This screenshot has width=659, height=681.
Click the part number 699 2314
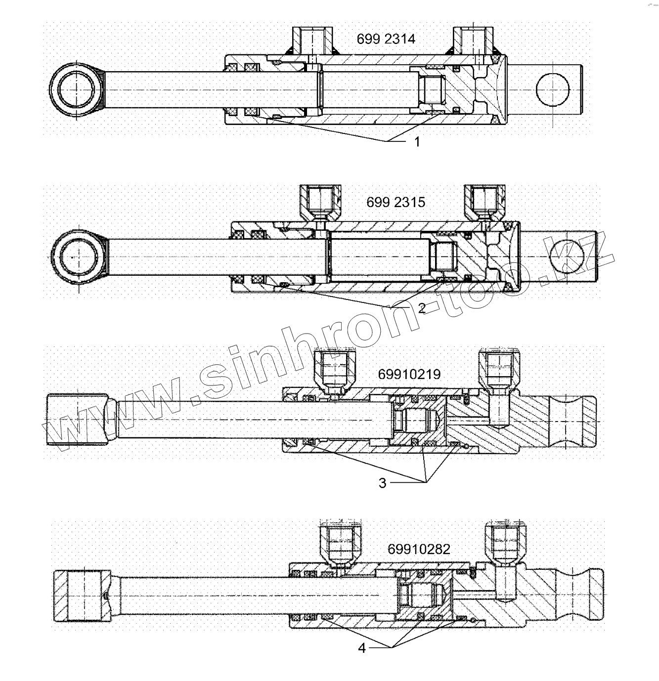(386, 39)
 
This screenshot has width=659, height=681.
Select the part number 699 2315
(395, 202)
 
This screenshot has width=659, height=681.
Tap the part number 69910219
(409, 374)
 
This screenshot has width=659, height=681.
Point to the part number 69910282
(419, 549)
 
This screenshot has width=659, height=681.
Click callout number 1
(417, 142)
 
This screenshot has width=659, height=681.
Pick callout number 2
(421, 309)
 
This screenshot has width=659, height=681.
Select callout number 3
(382, 483)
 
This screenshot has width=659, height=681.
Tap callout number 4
(362, 648)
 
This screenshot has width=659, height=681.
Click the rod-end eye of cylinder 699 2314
(77, 90)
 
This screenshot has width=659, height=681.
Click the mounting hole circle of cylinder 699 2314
(552, 89)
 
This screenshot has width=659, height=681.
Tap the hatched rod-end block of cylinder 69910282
(82, 596)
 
